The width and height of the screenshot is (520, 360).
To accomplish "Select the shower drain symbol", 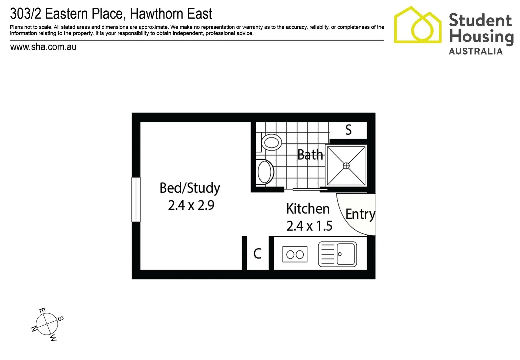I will (x=346, y=166).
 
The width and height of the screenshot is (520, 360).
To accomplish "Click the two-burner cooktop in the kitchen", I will (x=295, y=255).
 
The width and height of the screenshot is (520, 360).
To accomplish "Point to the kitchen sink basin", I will (x=346, y=254).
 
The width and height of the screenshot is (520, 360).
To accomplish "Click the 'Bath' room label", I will (x=310, y=155).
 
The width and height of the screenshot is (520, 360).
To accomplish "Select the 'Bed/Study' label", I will (x=190, y=188).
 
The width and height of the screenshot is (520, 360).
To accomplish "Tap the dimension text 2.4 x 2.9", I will (x=191, y=205).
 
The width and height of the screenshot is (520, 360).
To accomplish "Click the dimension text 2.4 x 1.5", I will (x=309, y=226).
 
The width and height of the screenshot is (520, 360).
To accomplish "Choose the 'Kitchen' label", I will (x=308, y=209).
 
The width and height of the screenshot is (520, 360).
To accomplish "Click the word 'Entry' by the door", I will (x=360, y=214).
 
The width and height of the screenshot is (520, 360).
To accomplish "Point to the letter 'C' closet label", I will (x=257, y=254).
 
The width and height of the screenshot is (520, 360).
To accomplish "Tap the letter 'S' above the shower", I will (x=348, y=130).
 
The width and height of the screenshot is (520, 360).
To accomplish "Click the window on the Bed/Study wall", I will (x=136, y=199).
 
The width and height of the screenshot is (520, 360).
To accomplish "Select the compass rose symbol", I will (x=47, y=324).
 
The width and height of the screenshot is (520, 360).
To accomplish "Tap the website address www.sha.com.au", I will (x=43, y=47).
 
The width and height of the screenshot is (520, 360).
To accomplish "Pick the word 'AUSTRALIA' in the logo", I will (x=475, y=51).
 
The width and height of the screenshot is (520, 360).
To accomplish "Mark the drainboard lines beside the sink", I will (x=327, y=254).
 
